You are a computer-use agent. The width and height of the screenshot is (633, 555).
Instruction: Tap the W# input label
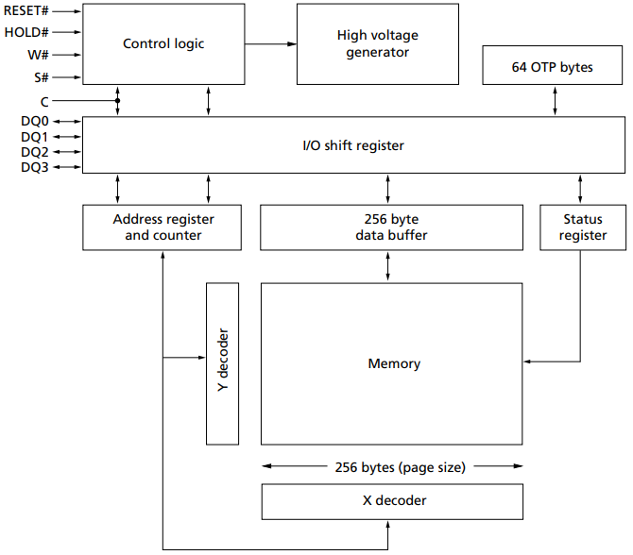coord(38,55)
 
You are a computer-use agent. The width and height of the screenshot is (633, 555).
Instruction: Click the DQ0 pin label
coord(35,122)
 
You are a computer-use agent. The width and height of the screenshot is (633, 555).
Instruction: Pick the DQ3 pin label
coord(35,167)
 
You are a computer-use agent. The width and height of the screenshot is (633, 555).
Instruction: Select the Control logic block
coord(163,43)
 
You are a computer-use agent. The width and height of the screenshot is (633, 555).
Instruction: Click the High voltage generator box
coord(377,43)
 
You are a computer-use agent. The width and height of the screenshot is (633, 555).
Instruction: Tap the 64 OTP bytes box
coord(553,67)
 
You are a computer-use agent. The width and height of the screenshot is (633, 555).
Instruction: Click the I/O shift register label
coord(352,145)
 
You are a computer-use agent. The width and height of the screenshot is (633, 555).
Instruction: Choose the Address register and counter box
coord(163,227)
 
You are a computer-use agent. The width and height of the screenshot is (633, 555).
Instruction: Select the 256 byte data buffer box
coord(389,227)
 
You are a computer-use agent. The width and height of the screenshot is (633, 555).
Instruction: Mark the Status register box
coord(582,227)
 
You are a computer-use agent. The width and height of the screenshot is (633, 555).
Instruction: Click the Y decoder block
coord(223,362)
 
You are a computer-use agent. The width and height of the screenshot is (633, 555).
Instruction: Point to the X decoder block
coord(392,500)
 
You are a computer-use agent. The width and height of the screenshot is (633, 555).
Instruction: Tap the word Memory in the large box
coord(393,363)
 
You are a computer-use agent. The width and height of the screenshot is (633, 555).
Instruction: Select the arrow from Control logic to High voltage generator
coord(270,43)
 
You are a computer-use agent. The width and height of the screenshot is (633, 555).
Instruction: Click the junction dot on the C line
coord(118,100)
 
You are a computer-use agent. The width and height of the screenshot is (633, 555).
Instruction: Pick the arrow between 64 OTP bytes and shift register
coord(554,102)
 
